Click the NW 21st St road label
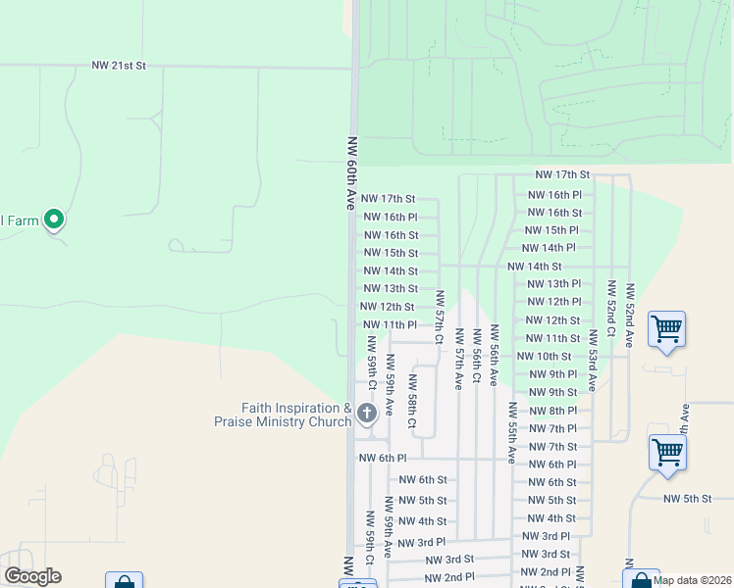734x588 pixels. coord(119,66)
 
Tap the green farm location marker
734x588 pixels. coord(55,220)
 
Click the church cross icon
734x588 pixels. coord(367,414)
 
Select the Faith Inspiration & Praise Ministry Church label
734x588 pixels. coord(283,416)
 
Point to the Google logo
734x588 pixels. coord(32,576)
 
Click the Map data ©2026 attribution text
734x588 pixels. coord(692,579)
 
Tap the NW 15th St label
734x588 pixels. coord(391,253)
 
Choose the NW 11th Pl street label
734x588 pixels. coord(390,324)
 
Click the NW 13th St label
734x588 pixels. coord(391,289)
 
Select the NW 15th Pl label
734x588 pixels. coord(554,230)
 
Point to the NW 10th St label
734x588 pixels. coord(544,357)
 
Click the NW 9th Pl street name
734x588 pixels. coord(552,374)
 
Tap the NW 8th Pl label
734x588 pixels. coord(552,411)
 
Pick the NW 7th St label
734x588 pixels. coord(552,447)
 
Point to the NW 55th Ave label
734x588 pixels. coord(511,432)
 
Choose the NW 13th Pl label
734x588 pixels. coord(554,283)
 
